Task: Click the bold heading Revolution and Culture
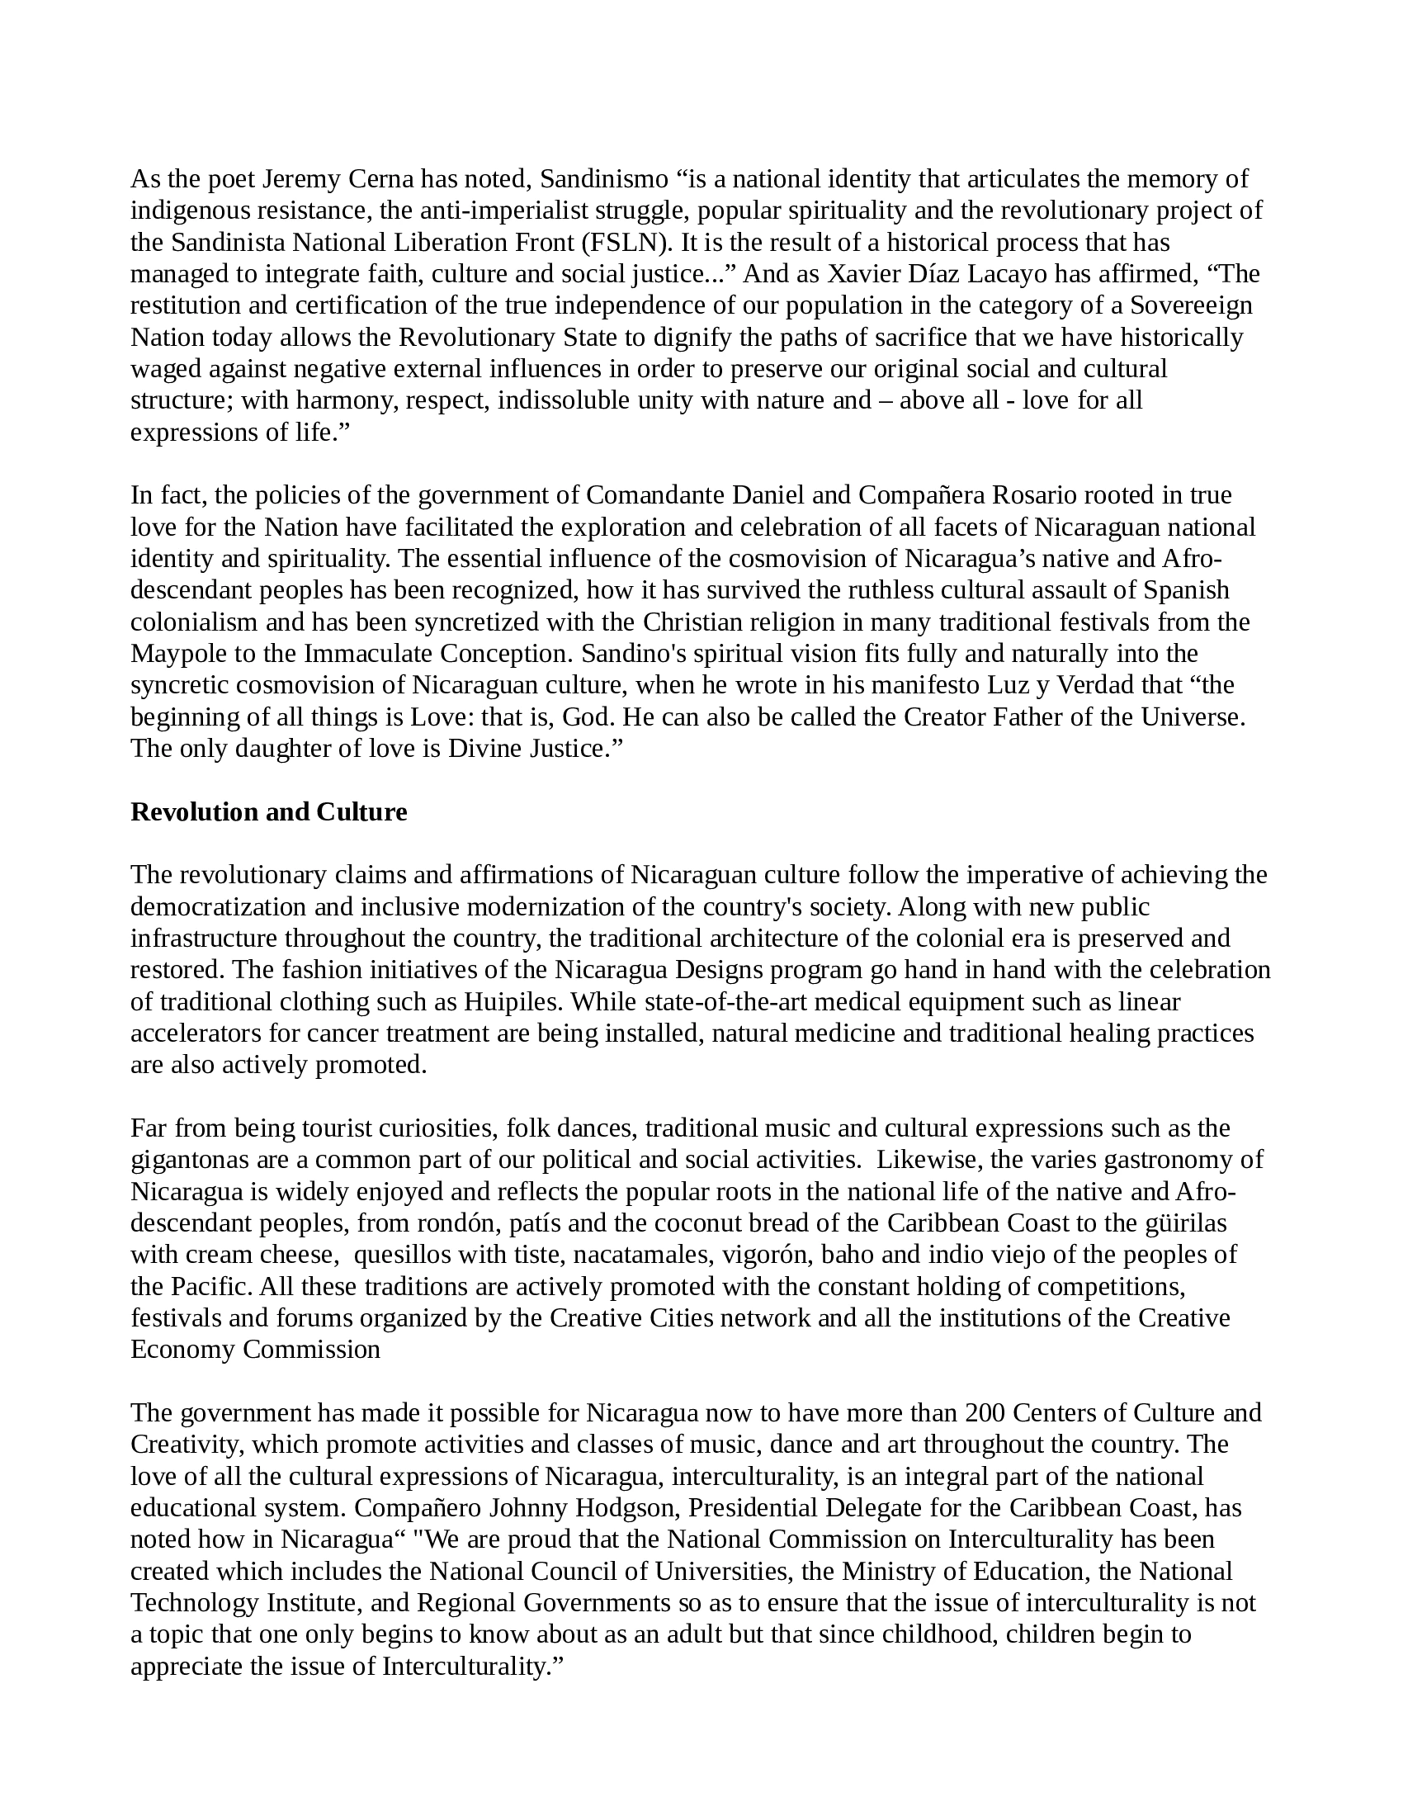tap(268, 812)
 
